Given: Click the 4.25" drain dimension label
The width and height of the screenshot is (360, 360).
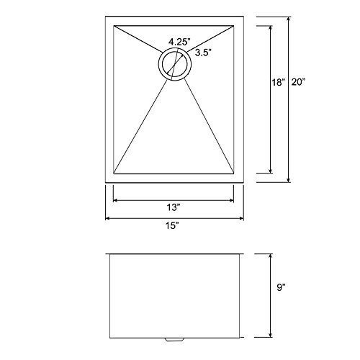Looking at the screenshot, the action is point(179,42).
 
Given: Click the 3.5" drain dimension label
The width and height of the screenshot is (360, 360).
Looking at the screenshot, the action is point(203,53).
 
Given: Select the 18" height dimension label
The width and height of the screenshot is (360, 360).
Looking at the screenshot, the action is point(279,82).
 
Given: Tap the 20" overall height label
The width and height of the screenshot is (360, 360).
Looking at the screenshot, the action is point(298,82).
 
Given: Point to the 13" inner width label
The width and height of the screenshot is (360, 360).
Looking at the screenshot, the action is point(174,207).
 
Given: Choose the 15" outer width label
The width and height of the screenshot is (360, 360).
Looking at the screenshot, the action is point(172,225).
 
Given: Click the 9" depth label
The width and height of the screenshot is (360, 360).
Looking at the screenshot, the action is point(281,287).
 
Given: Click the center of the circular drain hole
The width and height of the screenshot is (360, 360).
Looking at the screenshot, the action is point(175,64).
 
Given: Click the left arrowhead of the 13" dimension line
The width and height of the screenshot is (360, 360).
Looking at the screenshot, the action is point(114,200).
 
